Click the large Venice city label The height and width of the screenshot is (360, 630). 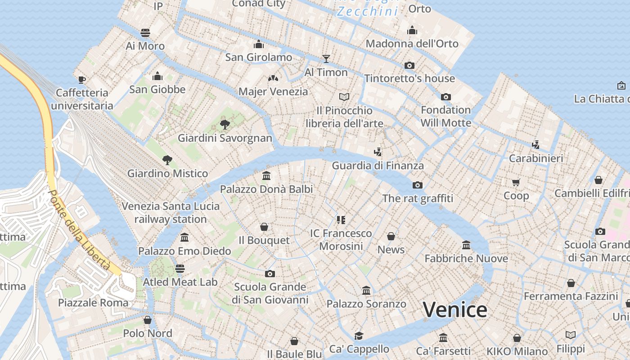(455, 310)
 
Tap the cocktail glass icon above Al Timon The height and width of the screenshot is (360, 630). (326, 58)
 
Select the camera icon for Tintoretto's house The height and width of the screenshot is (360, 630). (409, 65)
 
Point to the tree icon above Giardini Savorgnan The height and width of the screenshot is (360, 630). (225, 124)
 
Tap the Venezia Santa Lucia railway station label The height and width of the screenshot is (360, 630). (171, 212)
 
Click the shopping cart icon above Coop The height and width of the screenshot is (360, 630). (516, 182)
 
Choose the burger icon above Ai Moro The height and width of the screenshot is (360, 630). (145, 32)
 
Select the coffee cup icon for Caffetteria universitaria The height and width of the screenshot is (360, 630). (81, 80)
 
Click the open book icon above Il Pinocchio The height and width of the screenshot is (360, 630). (344, 97)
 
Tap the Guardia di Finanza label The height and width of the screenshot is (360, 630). (378, 166)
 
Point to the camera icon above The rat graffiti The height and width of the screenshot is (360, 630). (417, 185)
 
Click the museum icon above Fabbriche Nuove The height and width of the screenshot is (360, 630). (466, 245)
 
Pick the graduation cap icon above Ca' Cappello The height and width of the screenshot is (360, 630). (359, 336)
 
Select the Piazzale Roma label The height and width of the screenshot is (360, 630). (93, 302)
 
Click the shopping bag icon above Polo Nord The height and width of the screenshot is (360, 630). (147, 320)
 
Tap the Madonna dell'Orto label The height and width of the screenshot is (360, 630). (412, 44)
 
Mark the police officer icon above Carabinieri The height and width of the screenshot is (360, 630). (535, 145)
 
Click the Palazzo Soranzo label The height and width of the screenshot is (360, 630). (366, 304)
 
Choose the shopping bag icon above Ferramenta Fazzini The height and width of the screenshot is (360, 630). (571, 283)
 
